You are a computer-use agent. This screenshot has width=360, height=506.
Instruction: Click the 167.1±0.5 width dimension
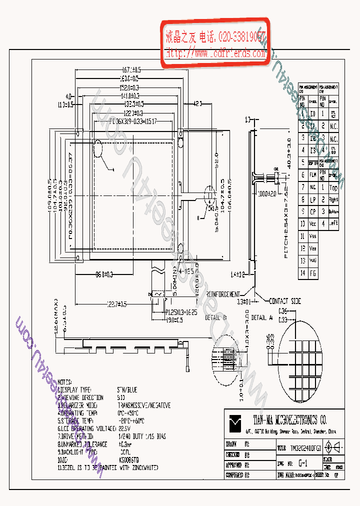click(131, 69)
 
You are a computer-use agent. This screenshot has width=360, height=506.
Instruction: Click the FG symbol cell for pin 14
click(312, 273)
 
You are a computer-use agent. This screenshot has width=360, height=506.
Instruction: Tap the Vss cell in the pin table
click(312, 236)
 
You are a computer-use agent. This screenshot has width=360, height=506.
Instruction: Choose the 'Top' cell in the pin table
click(333, 187)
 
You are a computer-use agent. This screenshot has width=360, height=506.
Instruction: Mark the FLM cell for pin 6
click(312, 175)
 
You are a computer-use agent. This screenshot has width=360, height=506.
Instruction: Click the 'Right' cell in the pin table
click(333, 199)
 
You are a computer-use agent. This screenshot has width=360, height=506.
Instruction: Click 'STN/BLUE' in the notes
click(127, 389)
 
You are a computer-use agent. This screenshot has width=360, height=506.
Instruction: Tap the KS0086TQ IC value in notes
click(129, 458)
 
